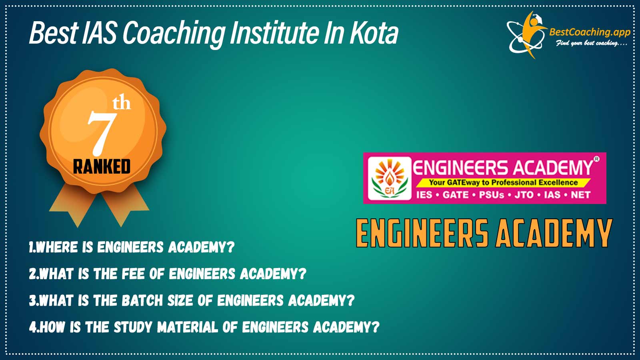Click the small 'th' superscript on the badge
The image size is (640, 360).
[122, 104]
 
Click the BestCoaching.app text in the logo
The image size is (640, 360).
[590, 32]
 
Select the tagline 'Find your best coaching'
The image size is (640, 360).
[591, 44]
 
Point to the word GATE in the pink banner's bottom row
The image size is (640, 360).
[456, 195]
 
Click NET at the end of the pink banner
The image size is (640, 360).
[580, 195]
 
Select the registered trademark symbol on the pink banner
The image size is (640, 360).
[596, 159]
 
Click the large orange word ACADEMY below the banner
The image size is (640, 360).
[554, 233]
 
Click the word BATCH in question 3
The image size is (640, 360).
[142, 300]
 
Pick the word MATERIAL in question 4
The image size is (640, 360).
[188, 327]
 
